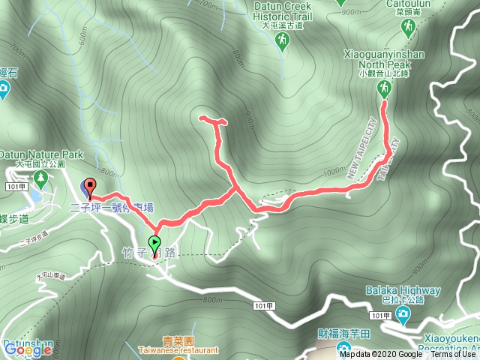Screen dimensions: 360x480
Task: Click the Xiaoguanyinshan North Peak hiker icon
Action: coord(383,89)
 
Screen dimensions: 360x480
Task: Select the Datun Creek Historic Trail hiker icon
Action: coord(283,42)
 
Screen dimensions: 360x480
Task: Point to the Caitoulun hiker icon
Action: coord(408,27)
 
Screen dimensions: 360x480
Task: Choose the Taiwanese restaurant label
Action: coord(178,349)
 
